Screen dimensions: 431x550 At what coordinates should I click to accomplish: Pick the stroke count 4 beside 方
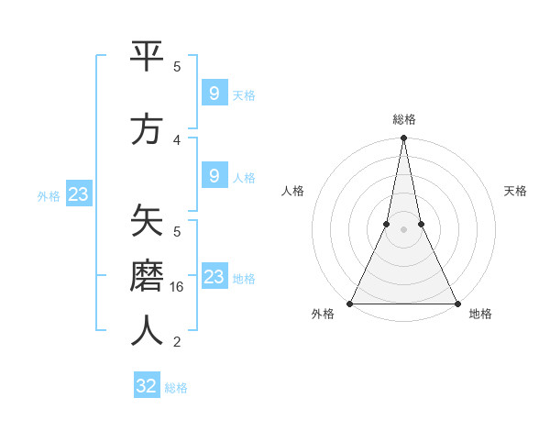point(177,139)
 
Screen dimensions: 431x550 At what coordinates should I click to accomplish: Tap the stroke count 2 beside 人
point(177,342)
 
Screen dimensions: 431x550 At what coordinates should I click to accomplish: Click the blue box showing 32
point(147,386)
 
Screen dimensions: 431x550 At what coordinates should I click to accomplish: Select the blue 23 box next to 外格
point(78,194)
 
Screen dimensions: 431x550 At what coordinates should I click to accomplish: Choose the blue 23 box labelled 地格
point(214,277)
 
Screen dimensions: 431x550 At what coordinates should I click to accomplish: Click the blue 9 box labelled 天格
point(214,94)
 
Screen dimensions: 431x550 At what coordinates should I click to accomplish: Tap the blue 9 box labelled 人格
point(214,176)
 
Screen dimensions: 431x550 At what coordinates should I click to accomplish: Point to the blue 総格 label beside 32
point(176,388)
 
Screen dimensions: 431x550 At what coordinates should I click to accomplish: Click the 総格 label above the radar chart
point(403,119)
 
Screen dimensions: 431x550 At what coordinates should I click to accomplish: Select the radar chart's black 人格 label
point(292,191)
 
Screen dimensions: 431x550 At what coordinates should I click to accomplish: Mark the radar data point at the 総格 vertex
point(403,138)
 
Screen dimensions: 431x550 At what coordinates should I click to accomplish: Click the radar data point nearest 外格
point(350,304)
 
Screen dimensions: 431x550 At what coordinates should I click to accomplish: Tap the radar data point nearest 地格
point(456,304)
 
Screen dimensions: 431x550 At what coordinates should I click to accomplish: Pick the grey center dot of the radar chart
point(403,230)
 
